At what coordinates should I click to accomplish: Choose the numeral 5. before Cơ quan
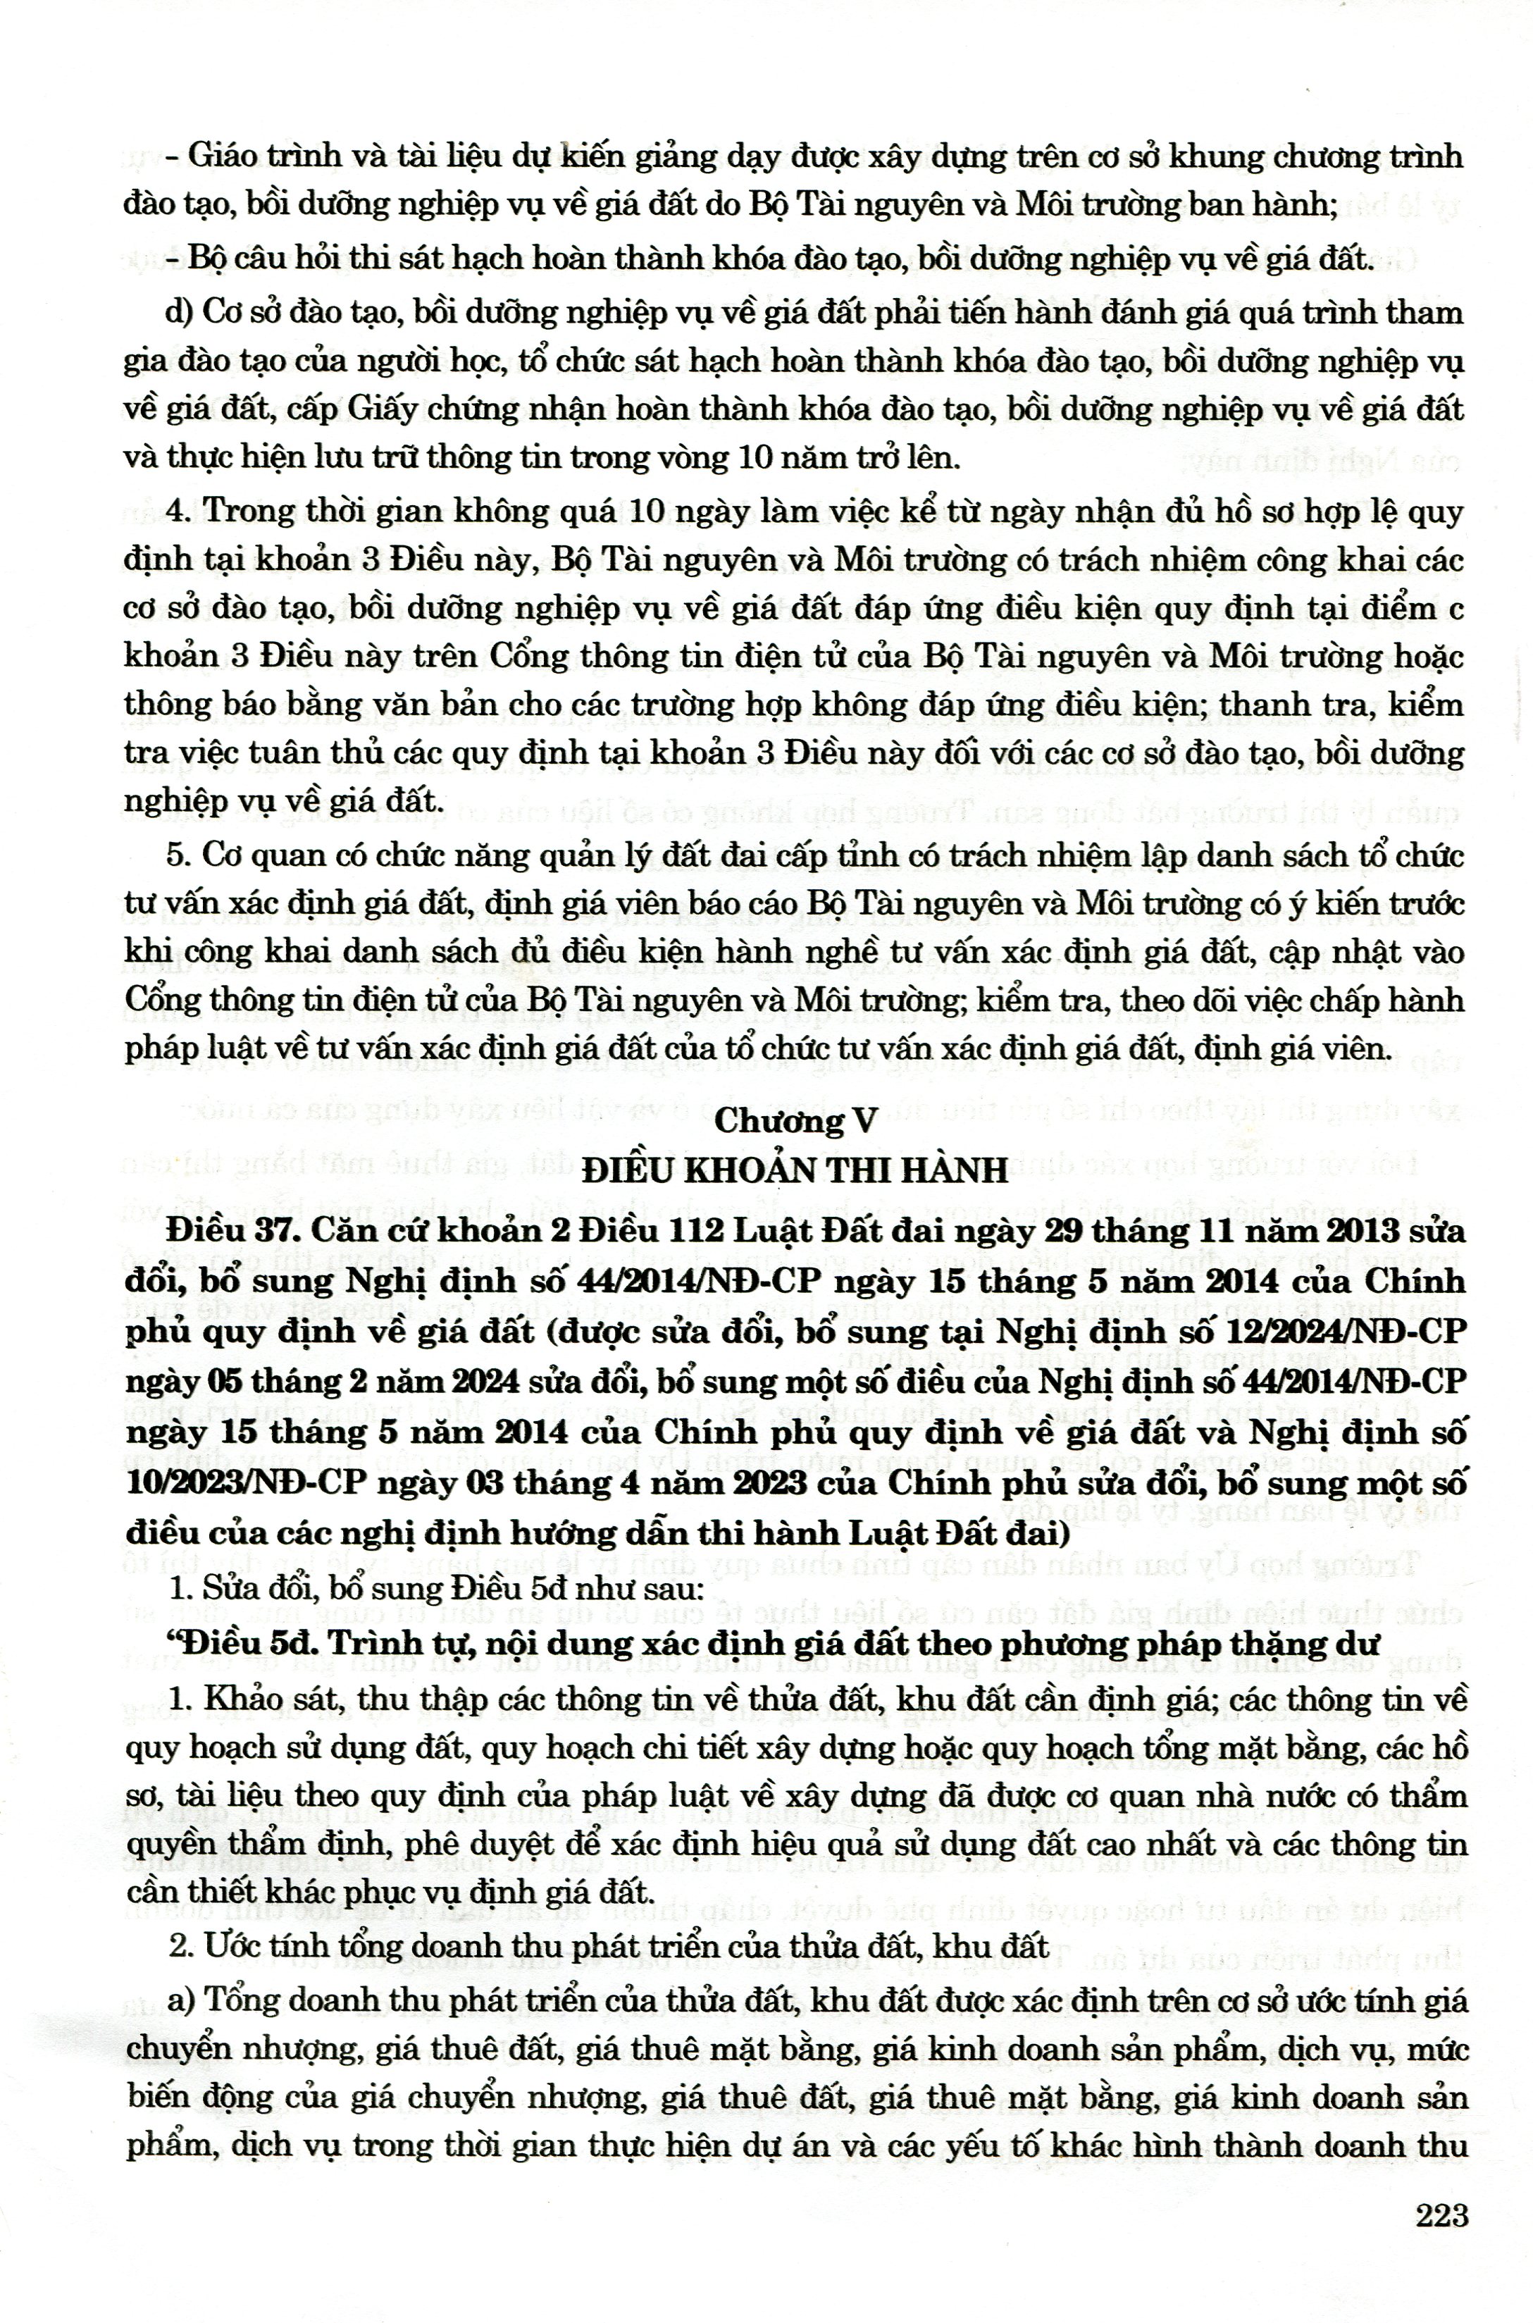(x=177, y=855)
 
